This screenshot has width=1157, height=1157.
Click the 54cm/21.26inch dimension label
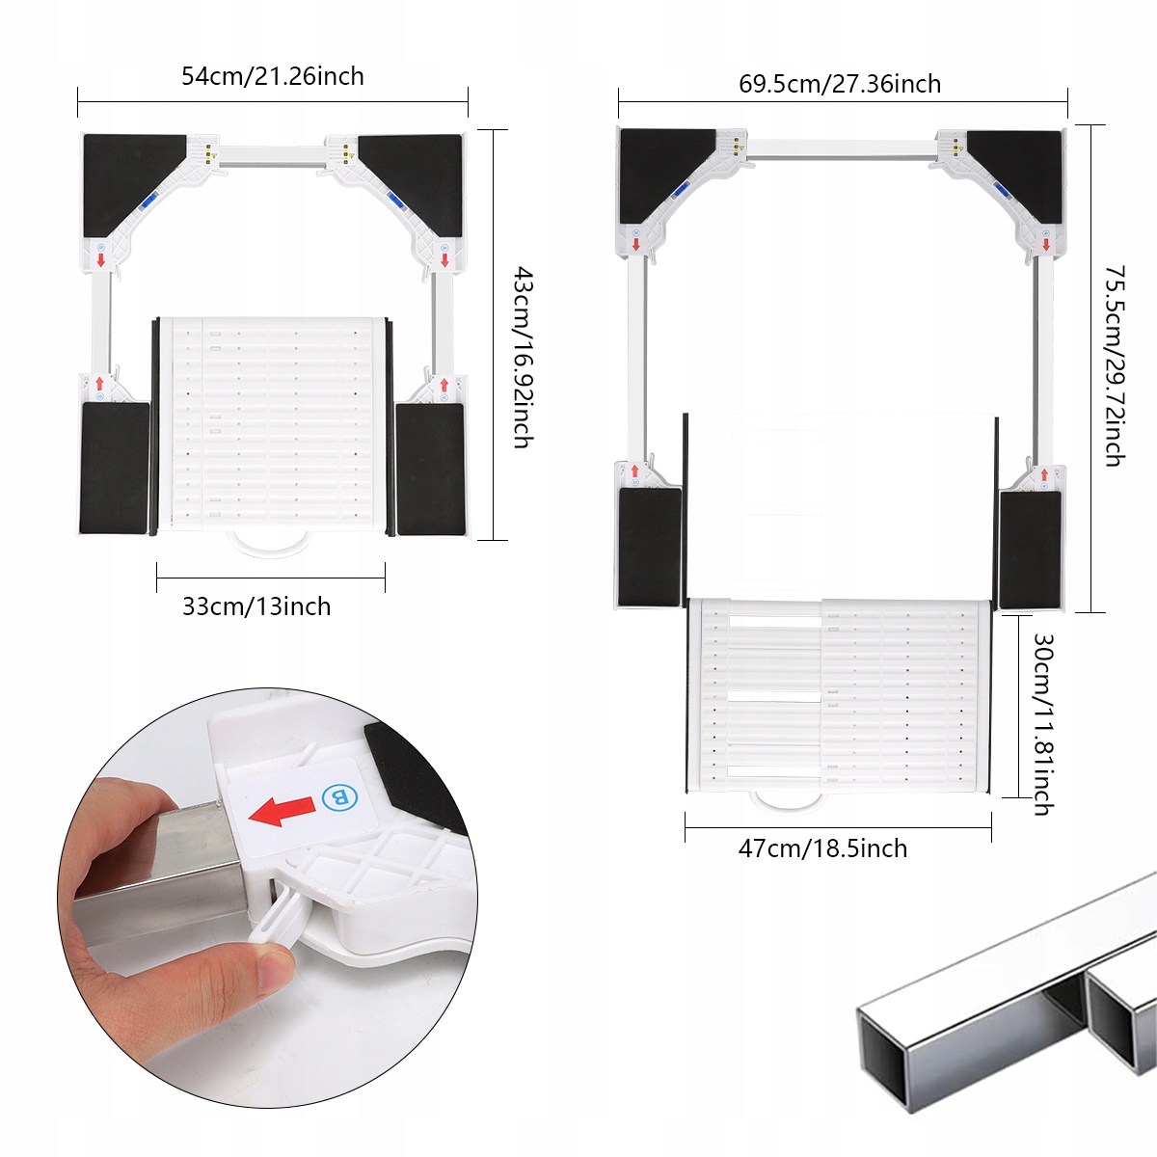coord(273,76)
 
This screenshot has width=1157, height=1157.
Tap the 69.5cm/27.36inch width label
coord(840,84)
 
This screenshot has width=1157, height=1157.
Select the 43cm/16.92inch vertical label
coord(522,357)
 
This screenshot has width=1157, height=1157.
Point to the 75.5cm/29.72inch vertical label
coord(1114,366)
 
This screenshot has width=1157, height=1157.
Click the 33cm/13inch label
coord(256,606)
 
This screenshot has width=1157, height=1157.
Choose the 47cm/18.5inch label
coord(822,848)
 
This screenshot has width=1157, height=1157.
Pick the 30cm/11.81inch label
coord(1042,724)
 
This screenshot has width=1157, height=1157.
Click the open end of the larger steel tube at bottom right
coord(882,1061)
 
